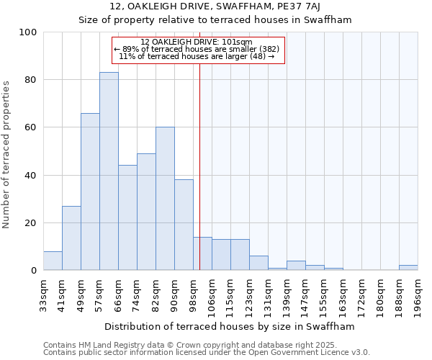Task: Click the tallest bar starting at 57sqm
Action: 109,171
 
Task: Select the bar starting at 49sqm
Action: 90,192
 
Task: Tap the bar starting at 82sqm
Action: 165,199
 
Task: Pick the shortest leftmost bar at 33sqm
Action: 53,261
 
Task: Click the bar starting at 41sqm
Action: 71,238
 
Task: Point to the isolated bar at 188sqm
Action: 408,268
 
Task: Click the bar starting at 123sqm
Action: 258,264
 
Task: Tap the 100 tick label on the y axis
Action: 27,32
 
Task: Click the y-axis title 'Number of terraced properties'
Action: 6,155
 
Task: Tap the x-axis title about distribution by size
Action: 230,326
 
